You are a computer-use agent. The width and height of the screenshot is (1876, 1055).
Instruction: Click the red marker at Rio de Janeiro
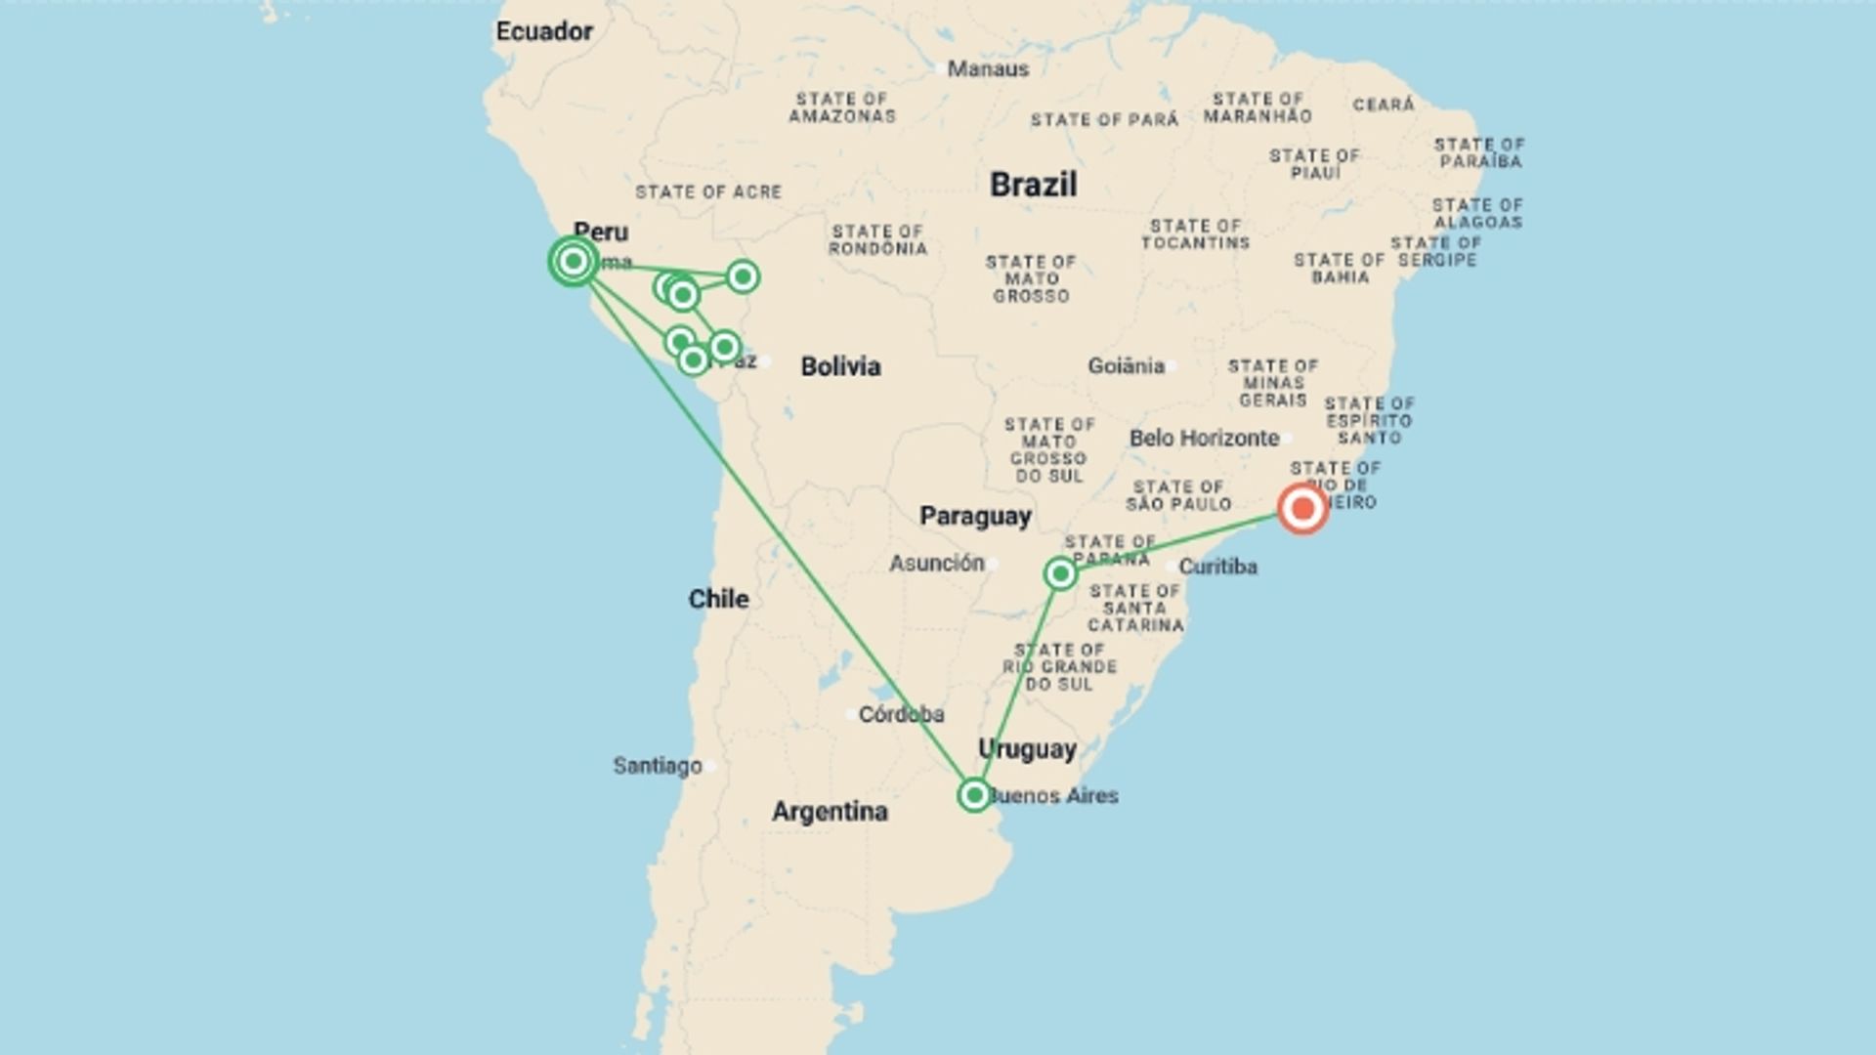pyautogui.click(x=1302, y=508)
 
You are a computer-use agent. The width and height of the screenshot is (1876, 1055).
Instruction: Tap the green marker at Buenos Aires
pyautogui.click(x=974, y=795)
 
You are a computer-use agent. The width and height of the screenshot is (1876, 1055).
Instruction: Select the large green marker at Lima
pyautogui.click(x=574, y=261)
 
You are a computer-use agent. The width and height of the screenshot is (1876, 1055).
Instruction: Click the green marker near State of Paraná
pyautogui.click(x=1060, y=573)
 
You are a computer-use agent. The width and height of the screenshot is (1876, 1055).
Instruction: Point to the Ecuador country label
pyautogui.click(x=544, y=31)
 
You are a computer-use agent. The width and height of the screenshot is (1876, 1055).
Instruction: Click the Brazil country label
pyautogui.click(x=1033, y=184)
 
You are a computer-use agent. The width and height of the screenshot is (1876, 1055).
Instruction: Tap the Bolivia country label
pyautogui.click(x=840, y=366)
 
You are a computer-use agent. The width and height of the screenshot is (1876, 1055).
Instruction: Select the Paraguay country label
pyautogui.click(x=975, y=516)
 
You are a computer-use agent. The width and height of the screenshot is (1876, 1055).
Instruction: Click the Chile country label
pyautogui.click(x=718, y=599)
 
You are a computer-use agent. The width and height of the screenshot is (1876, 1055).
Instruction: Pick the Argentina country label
pyautogui.click(x=830, y=811)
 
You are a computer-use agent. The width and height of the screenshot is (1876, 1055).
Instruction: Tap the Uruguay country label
pyautogui.click(x=1027, y=749)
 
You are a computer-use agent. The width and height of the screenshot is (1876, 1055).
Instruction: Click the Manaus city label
pyautogui.click(x=988, y=69)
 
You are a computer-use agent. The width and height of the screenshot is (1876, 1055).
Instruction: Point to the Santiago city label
pyautogui.click(x=658, y=766)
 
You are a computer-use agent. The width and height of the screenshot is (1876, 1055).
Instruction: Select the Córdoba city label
pyautogui.click(x=901, y=714)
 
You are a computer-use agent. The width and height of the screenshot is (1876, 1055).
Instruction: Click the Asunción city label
pyautogui.click(x=936, y=563)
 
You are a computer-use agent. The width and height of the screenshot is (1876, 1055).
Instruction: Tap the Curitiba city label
pyautogui.click(x=1217, y=567)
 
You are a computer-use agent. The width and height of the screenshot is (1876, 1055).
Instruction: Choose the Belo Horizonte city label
pyautogui.click(x=1204, y=438)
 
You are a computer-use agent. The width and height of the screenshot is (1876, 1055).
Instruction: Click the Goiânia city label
pyautogui.click(x=1126, y=365)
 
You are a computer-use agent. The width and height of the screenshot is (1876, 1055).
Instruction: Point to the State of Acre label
pyautogui.click(x=708, y=192)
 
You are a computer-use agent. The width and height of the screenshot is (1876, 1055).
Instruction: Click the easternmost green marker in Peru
pyautogui.click(x=743, y=276)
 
